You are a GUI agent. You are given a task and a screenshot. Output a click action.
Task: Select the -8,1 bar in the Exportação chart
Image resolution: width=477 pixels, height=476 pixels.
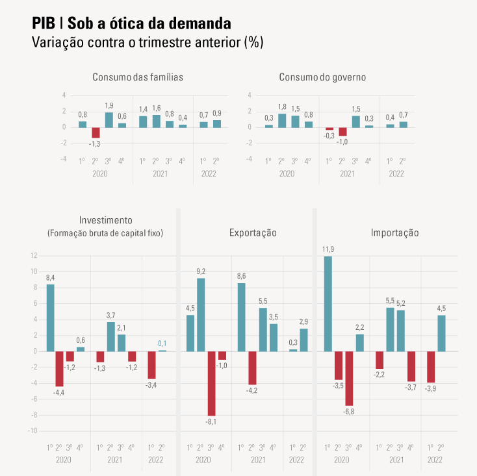(x=211, y=383)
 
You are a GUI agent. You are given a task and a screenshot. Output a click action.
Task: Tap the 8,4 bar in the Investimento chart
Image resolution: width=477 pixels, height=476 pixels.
(x=50, y=318)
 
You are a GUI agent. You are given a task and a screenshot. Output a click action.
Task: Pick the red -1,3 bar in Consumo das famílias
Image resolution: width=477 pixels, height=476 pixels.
(x=96, y=132)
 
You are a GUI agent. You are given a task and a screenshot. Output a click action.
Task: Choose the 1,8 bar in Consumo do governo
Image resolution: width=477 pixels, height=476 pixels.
(x=282, y=120)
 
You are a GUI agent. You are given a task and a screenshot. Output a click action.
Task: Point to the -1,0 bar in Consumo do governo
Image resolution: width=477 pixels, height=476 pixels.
(x=342, y=131)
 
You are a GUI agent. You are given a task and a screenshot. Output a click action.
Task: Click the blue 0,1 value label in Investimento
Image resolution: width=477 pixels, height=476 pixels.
(x=162, y=344)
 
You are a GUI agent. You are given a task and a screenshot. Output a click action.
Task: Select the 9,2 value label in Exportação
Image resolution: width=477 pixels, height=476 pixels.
(x=201, y=271)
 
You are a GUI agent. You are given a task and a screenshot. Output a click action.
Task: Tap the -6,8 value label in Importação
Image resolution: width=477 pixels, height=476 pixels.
(x=349, y=412)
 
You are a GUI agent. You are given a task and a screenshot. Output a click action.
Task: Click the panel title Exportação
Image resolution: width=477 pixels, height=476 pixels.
(x=253, y=232)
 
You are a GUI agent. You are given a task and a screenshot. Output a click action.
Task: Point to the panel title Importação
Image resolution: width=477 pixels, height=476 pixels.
(x=394, y=232)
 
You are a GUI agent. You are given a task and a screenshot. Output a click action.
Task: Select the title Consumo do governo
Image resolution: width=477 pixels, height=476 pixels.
(x=322, y=77)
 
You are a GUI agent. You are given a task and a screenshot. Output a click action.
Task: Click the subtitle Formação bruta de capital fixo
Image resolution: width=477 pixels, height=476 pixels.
(x=105, y=232)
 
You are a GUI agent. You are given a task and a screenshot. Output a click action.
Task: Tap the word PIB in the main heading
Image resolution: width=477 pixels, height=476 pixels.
(x=44, y=24)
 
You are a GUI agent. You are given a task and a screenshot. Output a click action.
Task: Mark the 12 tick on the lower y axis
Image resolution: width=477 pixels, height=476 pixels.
(x=34, y=255)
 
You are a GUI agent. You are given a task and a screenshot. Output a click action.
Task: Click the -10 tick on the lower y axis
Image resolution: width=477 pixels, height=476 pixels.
(x=32, y=431)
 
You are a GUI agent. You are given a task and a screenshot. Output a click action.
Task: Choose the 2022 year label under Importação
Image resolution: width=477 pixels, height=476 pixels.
(x=435, y=460)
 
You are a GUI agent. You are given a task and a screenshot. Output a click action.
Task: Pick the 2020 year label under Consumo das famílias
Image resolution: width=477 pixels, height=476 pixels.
(x=99, y=173)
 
